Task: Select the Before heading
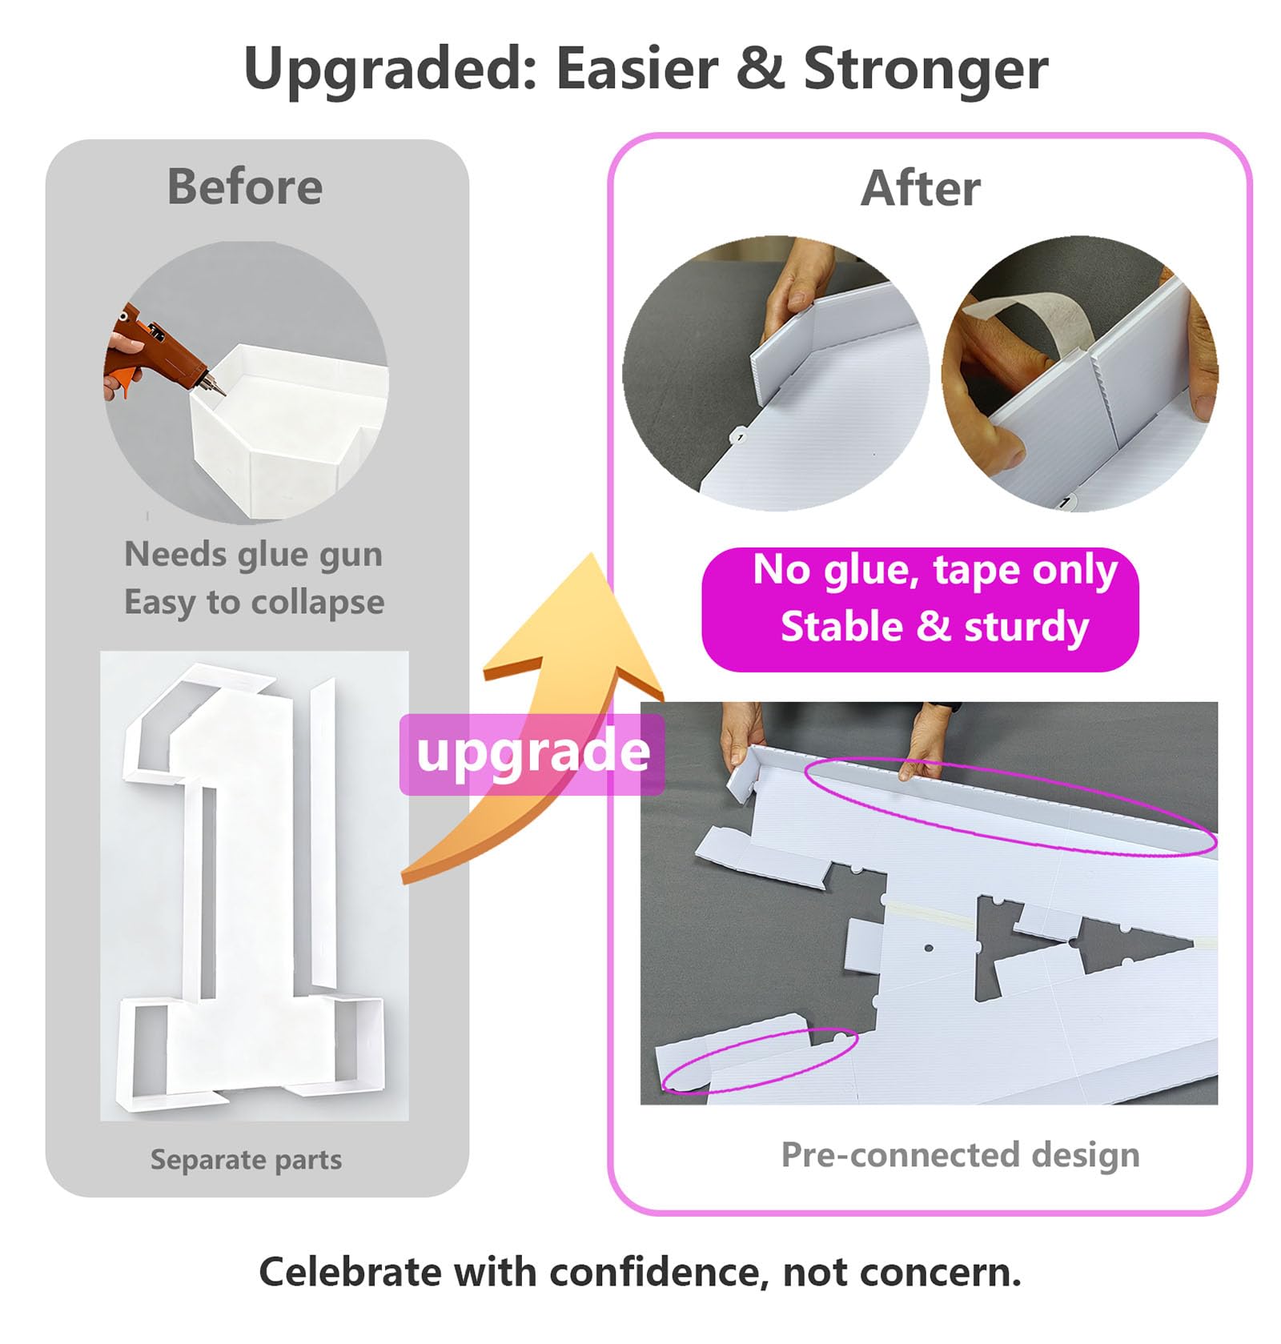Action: click(x=245, y=187)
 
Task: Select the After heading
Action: click(x=921, y=189)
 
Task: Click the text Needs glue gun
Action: click(x=254, y=554)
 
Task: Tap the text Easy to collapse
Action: click(x=254, y=602)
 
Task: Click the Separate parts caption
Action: click(x=246, y=1159)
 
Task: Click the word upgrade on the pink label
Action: click(x=533, y=752)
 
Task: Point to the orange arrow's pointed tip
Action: click(x=591, y=554)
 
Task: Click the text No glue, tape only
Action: click(x=935, y=571)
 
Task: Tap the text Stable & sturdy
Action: click(x=934, y=626)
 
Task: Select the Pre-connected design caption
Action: click(x=960, y=1155)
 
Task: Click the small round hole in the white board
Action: click(x=929, y=949)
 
